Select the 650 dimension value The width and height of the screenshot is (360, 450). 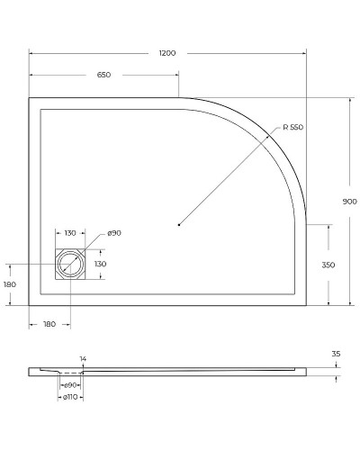103,75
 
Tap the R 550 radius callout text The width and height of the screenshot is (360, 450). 292,128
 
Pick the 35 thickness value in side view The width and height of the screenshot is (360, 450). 336,354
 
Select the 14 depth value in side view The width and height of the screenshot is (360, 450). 83,359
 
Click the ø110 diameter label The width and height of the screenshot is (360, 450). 68,396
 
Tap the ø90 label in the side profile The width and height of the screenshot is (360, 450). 68,385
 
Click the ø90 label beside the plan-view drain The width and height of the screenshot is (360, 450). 114,233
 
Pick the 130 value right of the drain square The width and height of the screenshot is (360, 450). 101,264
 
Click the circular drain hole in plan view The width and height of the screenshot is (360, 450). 70,265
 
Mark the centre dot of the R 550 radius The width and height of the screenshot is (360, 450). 179,224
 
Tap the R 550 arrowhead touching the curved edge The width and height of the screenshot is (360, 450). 274,135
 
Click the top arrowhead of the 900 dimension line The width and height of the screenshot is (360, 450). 350,100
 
